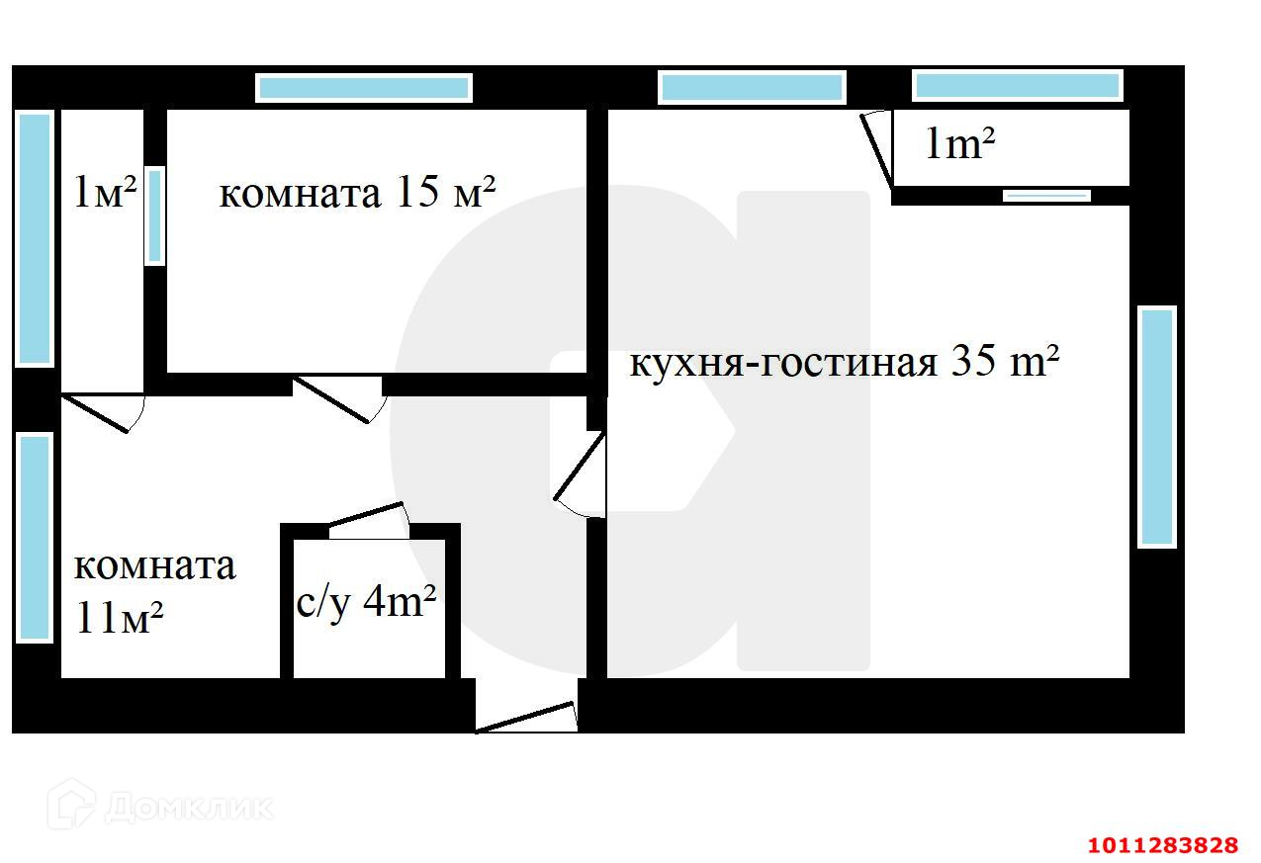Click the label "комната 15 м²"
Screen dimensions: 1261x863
[356, 193]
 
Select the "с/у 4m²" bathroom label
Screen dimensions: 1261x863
[367, 602]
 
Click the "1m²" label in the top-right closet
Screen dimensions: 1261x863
[958, 145]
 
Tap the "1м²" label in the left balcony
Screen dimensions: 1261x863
[105, 192]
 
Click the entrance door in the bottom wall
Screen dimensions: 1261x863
[526, 717]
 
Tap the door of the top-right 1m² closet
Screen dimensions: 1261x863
[877, 148]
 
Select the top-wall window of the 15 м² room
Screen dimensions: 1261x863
[364, 88]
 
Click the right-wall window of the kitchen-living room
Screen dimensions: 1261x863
[1156, 426]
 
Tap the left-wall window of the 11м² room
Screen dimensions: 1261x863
[35, 537]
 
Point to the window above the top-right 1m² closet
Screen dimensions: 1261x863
[1017, 86]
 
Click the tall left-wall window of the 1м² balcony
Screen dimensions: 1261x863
[35, 238]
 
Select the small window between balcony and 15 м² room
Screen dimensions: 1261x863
[154, 216]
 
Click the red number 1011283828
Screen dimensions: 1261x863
[1162, 845]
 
